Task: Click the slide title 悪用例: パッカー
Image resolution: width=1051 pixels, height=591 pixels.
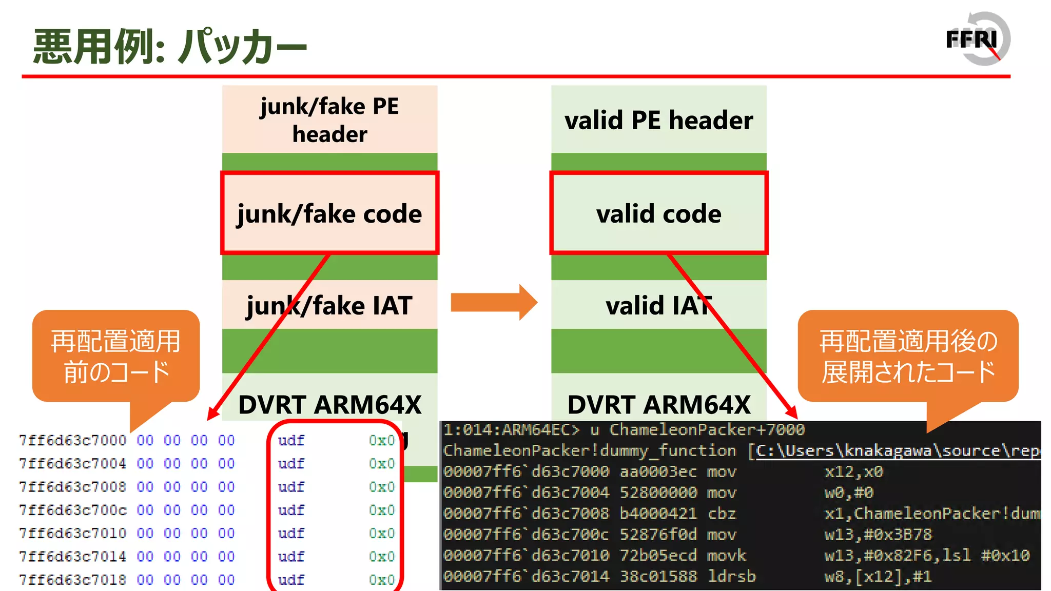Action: click(169, 46)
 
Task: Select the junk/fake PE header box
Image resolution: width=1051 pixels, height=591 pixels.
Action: click(329, 120)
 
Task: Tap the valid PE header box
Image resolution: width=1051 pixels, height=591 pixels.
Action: click(658, 120)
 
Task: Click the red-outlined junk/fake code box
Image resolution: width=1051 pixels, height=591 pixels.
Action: click(329, 213)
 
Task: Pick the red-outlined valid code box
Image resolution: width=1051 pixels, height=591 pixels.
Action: click(658, 213)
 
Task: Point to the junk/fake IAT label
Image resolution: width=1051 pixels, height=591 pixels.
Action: click(329, 305)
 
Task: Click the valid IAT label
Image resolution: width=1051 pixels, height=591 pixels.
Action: click(658, 305)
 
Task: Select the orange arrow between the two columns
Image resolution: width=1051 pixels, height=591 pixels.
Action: click(493, 302)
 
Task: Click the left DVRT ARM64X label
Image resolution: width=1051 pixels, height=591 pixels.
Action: click(329, 404)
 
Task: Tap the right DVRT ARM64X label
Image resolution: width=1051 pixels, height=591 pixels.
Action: click(658, 404)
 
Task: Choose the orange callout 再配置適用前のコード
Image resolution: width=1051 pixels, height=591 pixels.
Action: click(116, 356)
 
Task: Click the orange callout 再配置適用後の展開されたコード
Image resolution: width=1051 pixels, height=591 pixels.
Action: click(907, 356)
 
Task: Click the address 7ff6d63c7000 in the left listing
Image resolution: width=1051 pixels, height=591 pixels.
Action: click(72, 440)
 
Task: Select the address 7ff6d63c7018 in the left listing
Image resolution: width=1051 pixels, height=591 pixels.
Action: click(72, 580)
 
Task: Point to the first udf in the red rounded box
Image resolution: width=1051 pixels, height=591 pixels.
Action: click(291, 440)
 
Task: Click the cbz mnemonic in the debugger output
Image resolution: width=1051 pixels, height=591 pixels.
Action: click(722, 514)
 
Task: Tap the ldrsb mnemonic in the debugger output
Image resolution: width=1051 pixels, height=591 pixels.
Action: click(731, 576)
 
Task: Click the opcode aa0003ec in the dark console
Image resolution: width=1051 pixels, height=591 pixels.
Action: click(658, 471)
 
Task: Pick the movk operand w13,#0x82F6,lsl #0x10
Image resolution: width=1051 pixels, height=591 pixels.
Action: click(926, 555)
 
